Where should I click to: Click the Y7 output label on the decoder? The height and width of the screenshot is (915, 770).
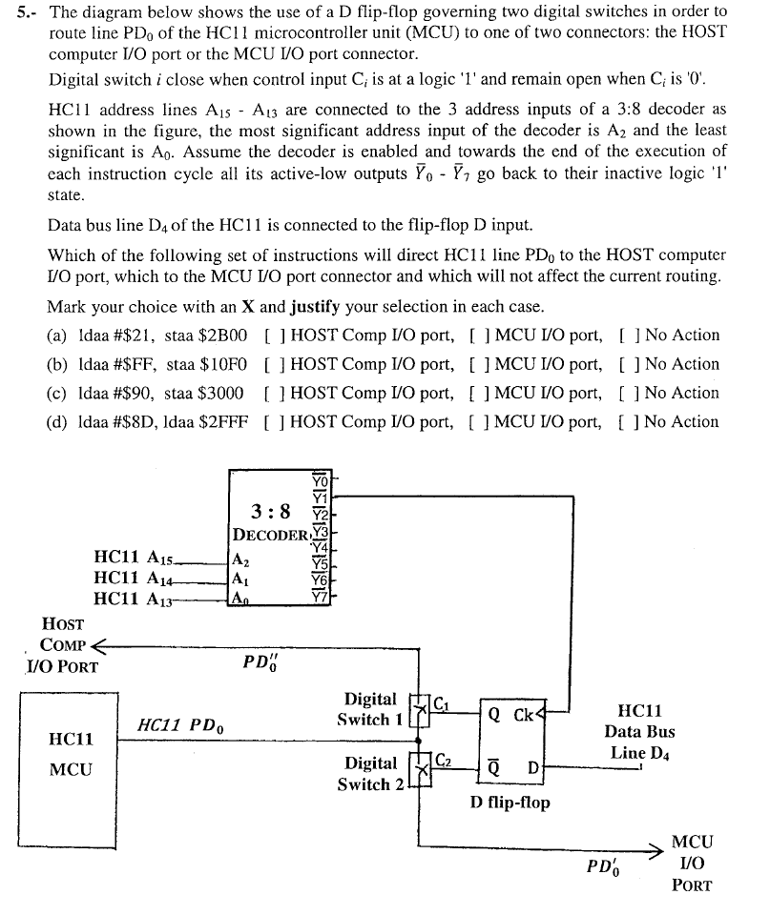tap(319, 598)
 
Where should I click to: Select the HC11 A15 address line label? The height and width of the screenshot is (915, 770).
tap(135, 557)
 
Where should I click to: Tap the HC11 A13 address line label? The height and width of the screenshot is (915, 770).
tap(135, 598)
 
